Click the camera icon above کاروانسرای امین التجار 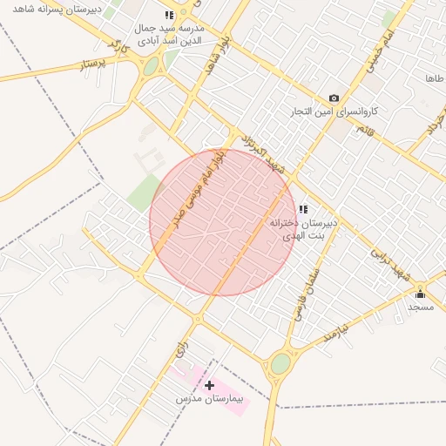coord(334,98)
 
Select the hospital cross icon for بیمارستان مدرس coord(209,384)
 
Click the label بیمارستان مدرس coord(212,400)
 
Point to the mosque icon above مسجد coord(421,293)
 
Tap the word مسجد coord(421,307)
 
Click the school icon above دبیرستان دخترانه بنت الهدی coord(303,209)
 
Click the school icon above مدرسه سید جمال coord(169,16)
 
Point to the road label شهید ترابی coord(389,259)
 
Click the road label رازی coord(180,348)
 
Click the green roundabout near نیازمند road coord(280,363)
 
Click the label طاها coord(435,78)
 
